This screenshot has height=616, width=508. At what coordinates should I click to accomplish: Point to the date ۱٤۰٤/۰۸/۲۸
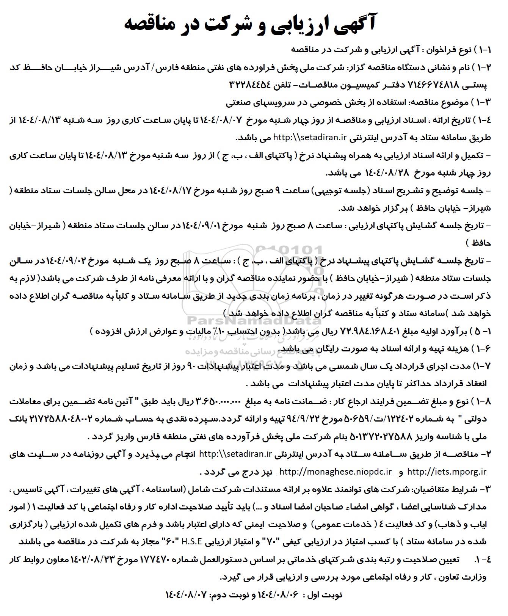click(386, 173)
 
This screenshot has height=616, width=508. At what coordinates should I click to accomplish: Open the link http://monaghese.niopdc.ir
click(335, 472)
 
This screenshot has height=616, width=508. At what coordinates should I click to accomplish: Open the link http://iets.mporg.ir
click(446, 472)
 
